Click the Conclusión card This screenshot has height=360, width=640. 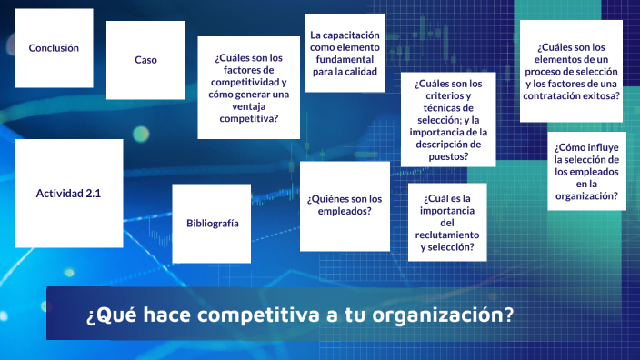click(x=54, y=48)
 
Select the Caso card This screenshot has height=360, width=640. click(x=145, y=60)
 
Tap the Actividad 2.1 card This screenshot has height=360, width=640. click(x=68, y=194)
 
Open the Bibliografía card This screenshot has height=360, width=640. click(x=212, y=224)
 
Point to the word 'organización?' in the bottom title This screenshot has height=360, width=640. click(x=451, y=315)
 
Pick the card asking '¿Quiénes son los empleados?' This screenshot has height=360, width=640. click(x=344, y=205)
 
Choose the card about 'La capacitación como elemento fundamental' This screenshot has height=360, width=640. click(x=344, y=54)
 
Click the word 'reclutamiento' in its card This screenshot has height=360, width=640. click(x=447, y=235)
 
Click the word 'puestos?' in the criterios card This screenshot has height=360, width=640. click(x=448, y=155)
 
